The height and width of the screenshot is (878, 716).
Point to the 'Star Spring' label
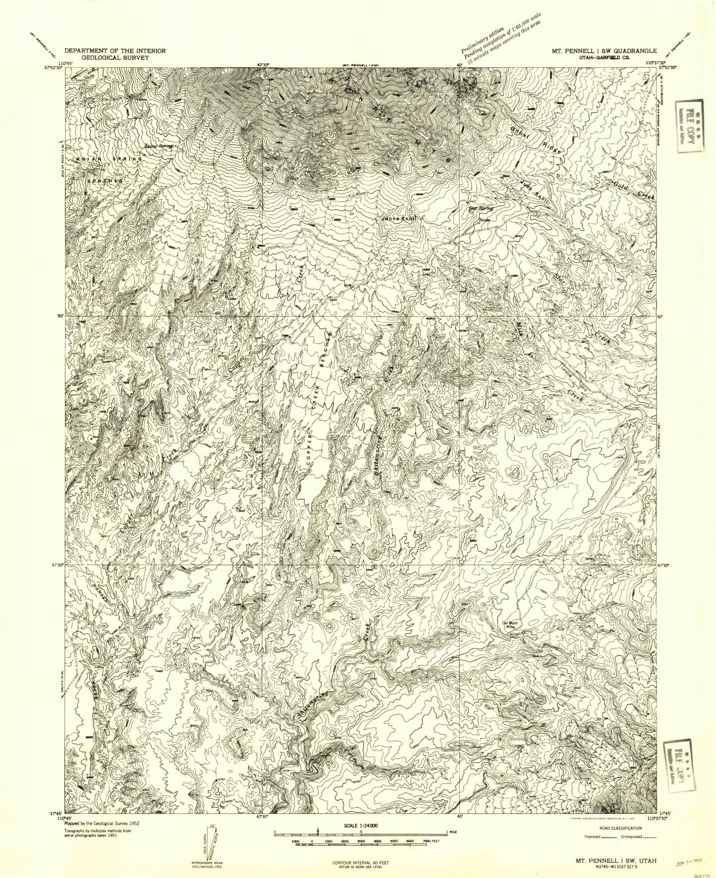click(480, 208)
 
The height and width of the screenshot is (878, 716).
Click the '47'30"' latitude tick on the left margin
click(56, 564)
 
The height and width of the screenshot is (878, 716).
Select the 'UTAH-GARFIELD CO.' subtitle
click(604, 58)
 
